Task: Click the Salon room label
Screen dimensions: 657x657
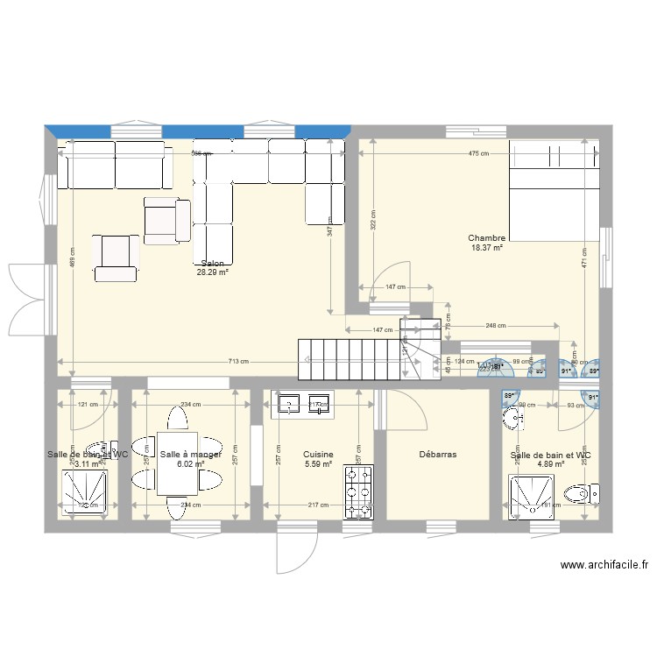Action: click(x=213, y=263)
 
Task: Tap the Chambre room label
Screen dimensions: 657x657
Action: click(x=486, y=238)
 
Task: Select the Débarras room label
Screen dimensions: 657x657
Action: click(x=437, y=455)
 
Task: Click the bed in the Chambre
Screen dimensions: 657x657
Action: click(x=555, y=190)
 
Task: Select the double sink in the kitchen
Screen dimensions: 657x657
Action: click(x=303, y=403)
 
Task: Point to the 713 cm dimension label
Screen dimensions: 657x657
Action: click(x=238, y=362)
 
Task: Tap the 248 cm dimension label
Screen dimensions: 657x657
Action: click(x=496, y=327)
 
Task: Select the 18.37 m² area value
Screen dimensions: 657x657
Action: click(x=486, y=248)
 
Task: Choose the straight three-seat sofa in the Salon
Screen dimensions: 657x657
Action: click(x=114, y=165)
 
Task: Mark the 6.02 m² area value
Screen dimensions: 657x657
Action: click(x=190, y=464)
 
